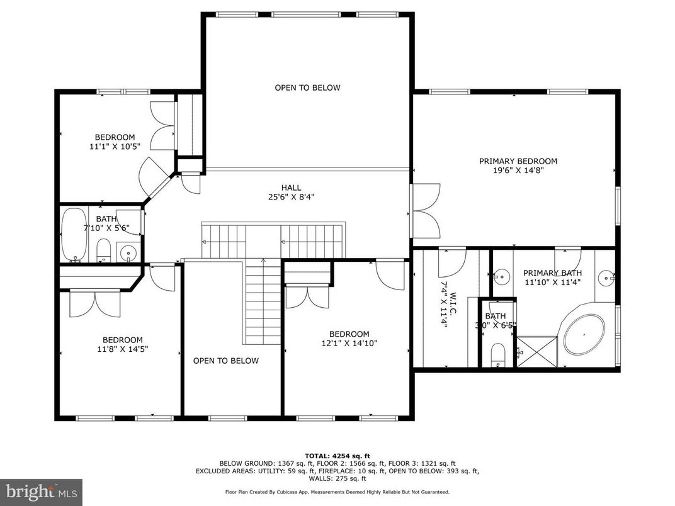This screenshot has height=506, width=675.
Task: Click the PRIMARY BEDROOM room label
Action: [x=518, y=161]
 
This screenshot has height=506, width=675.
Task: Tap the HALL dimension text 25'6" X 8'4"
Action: [x=290, y=197]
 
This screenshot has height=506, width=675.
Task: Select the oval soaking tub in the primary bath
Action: [x=584, y=334]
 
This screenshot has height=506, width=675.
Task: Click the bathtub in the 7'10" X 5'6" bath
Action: [x=74, y=233]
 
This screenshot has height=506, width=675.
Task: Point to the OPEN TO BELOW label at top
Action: [x=307, y=87]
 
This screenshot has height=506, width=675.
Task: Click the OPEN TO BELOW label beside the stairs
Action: [x=225, y=361]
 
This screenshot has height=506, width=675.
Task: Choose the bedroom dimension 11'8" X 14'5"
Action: [x=122, y=349]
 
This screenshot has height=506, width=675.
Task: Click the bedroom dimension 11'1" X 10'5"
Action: [x=115, y=146]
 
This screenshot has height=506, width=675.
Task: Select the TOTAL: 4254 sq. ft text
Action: [x=337, y=455]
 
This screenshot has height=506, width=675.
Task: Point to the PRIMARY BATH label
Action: [x=552, y=273]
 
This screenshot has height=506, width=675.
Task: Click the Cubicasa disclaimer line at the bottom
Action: [x=337, y=492]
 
